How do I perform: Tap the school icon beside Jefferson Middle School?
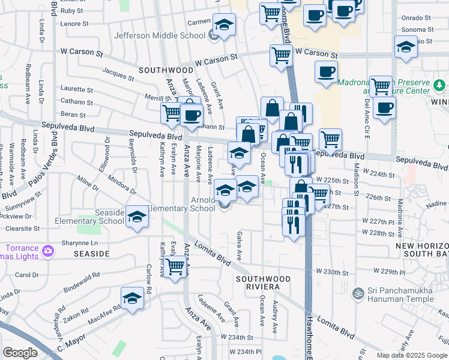(224, 25)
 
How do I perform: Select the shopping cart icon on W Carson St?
(281, 56)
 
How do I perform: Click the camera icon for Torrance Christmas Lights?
(46, 250)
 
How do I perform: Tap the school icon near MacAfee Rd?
(132, 297)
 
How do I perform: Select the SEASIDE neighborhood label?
(91, 254)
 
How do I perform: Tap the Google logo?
(20, 352)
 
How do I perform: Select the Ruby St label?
(72, 11)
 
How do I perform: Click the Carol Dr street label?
(26, 275)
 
